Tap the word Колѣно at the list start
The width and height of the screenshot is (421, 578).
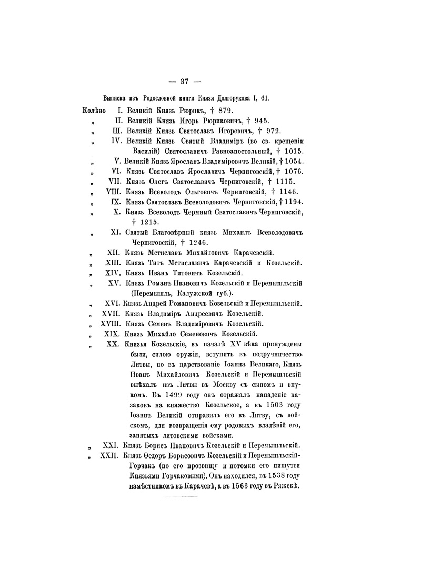(95, 111)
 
